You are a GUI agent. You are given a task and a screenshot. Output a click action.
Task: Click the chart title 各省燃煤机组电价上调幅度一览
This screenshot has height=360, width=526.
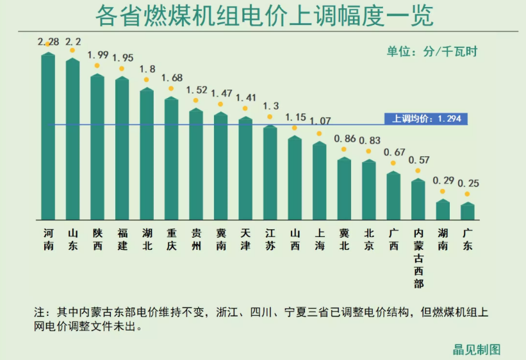pos(263,15)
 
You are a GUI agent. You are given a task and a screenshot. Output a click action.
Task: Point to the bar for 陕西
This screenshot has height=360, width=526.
pos(97,147)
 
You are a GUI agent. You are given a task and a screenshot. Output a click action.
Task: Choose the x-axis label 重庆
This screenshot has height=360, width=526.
pos(171,239)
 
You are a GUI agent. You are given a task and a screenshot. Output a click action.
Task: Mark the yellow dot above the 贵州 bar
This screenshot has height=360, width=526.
pos(196,101)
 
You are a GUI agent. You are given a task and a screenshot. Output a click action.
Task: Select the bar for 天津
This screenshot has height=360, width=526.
pos(245,168)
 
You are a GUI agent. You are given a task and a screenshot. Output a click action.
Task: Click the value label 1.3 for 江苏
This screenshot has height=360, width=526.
pos(270,106)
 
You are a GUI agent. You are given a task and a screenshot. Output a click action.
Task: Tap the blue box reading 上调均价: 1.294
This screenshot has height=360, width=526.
pos(426,119)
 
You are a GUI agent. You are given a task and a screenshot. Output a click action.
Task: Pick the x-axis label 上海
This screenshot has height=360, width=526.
pos(319,239)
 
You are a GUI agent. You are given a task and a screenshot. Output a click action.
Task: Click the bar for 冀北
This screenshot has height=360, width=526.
pos(344,188)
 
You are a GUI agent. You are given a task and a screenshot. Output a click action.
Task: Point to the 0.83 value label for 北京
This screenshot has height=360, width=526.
pos(370,140)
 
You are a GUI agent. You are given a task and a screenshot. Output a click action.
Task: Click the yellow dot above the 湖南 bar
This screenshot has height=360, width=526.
pos(442,192)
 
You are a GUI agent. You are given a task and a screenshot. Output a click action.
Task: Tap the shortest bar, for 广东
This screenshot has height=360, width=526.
pos(468,211)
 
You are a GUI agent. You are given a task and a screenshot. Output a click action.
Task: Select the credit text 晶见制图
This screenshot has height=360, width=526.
pos(477,349)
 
